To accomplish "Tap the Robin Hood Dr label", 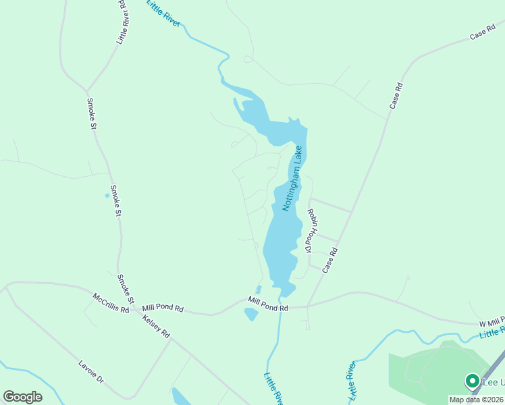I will (311, 230).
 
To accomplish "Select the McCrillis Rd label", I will (111, 303).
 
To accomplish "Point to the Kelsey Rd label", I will (157, 325).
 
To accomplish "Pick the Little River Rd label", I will (123, 22).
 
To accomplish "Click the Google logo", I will (22, 397).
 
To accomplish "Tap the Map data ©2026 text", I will (477, 400).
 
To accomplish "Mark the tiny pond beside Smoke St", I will (107, 196).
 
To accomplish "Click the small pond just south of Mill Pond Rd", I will (250, 314).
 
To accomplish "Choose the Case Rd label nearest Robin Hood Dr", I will (329, 260).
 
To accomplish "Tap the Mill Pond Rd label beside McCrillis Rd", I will (163, 308).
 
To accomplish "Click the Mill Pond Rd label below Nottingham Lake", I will (268, 304).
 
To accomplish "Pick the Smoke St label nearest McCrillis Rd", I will (126, 289).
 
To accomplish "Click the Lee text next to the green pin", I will (493, 382).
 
